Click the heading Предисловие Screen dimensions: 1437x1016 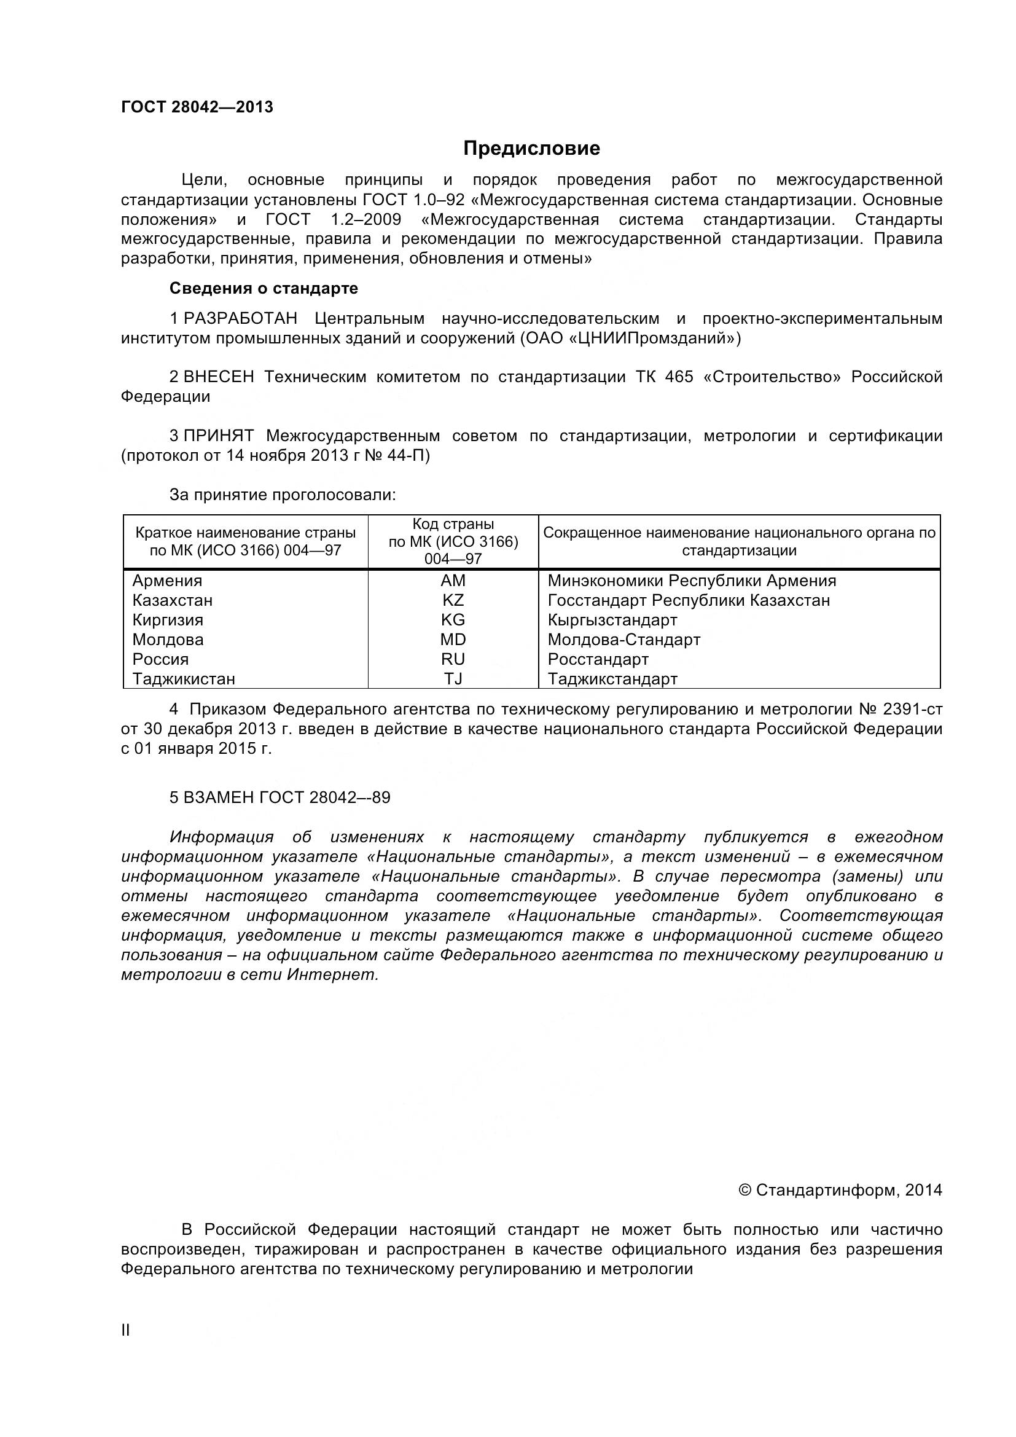(x=531, y=148)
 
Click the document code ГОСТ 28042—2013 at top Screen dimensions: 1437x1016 (x=197, y=108)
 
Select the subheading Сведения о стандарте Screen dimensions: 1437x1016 (x=264, y=289)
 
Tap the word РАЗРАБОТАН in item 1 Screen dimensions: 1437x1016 (x=240, y=319)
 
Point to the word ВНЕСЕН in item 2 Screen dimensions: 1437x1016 (x=219, y=377)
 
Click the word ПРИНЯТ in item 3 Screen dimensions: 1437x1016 (x=218, y=436)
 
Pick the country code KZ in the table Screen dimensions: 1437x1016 (x=453, y=600)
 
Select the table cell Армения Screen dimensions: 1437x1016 (x=167, y=581)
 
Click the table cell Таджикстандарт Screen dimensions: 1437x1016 (x=612, y=678)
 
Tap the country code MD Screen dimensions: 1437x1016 (x=453, y=640)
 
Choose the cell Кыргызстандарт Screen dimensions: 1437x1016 (x=612, y=621)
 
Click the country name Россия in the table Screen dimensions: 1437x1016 (x=160, y=659)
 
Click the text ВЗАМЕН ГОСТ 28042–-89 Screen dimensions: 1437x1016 (x=279, y=797)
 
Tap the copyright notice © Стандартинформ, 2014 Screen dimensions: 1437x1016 (x=840, y=1190)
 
